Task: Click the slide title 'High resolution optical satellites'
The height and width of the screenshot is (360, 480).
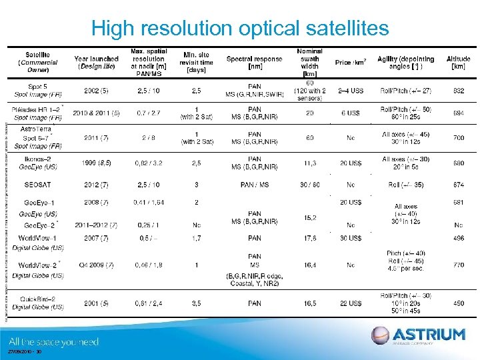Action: [239, 28]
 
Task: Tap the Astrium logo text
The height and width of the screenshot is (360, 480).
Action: [428, 334]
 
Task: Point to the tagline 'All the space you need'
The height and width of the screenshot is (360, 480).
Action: [54, 342]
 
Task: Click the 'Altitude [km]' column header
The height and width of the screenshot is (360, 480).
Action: [458, 63]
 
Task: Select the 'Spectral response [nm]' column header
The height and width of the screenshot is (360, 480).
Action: [253, 63]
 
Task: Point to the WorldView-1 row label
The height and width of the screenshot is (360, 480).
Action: [37, 238]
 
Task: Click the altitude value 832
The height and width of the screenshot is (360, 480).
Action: [458, 91]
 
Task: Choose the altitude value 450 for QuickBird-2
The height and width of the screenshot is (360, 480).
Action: [458, 303]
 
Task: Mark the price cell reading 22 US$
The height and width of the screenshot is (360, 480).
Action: [351, 303]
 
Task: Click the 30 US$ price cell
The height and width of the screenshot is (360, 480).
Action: [351, 238]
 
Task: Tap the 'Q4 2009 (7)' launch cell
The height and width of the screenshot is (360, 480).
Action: [96, 265]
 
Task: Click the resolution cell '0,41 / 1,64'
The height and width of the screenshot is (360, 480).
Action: [147, 202]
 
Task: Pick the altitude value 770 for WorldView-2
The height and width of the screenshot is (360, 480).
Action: [458, 265]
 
